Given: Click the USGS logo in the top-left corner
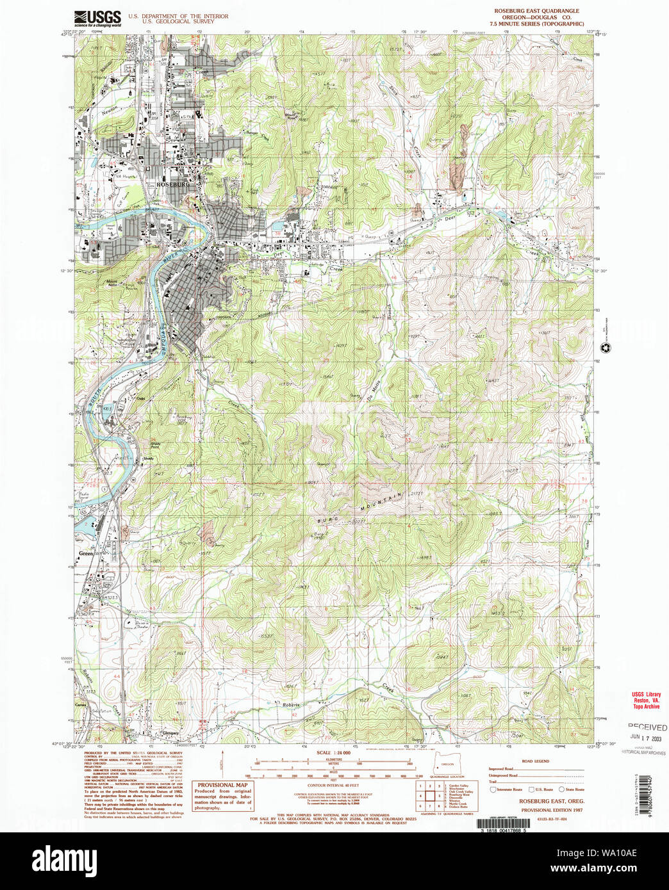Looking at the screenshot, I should [x=97, y=17].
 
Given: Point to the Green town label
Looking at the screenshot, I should [x=85, y=553].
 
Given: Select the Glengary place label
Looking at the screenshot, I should [x=170, y=733].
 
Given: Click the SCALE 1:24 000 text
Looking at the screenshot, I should [x=334, y=752].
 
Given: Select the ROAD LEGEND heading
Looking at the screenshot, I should [x=535, y=761].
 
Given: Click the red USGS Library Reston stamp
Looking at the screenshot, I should [x=646, y=700].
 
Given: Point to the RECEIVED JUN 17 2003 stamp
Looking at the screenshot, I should [x=647, y=732].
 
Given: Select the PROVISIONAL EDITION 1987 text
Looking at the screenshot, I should [x=542, y=810].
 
